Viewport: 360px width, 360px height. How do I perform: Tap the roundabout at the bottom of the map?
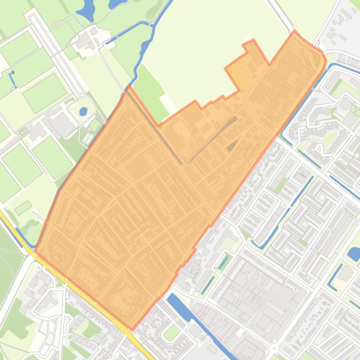[x=275, y=348]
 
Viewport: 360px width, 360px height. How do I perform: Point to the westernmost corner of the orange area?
[x=36, y=252]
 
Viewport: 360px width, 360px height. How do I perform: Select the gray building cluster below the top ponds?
[x=87, y=40]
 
